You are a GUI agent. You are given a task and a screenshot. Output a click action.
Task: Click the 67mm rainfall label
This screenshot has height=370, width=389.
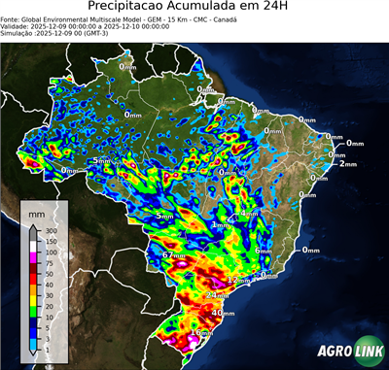(174, 255)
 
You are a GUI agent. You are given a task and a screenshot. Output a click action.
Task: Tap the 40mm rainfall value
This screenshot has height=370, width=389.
(223, 314)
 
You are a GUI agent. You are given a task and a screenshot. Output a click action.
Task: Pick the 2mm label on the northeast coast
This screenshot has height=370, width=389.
(348, 163)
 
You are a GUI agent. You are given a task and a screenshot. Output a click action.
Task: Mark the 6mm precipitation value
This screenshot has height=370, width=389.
(262, 251)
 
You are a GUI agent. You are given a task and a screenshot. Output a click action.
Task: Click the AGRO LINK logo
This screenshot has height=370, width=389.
(342, 351)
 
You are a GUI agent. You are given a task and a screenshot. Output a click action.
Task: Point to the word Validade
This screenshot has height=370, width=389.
(17, 25)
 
